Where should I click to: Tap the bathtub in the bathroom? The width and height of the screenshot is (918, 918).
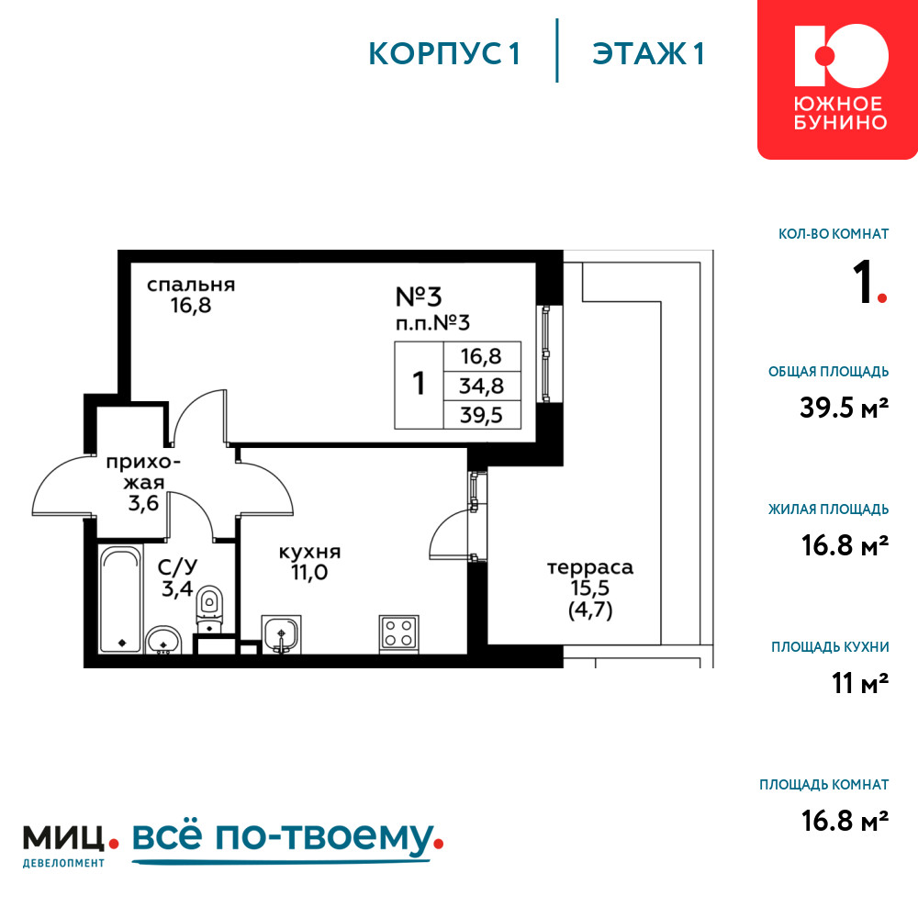pyautogui.click(x=120, y=599)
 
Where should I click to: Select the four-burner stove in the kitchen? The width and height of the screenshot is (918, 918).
pyautogui.click(x=398, y=633)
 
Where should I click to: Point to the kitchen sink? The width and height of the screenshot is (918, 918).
pyautogui.click(x=281, y=634)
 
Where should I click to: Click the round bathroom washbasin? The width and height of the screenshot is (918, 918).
pyautogui.click(x=163, y=640)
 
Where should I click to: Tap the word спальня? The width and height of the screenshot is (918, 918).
pyautogui.click(x=191, y=285)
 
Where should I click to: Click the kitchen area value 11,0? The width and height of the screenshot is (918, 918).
pyautogui.click(x=309, y=572)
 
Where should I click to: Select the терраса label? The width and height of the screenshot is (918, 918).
pyautogui.click(x=590, y=566)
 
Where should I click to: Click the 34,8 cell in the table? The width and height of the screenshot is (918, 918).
pyautogui.click(x=482, y=386)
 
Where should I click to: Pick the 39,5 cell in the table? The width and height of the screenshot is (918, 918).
pyautogui.click(x=482, y=415)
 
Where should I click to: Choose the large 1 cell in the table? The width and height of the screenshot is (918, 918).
pyautogui.click(x=419, y=385)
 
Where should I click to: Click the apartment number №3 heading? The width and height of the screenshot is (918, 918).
pyautogui.click(x=419, y=297)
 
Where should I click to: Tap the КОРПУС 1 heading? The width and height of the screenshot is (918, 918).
pyautogui.click(x=444, y=54)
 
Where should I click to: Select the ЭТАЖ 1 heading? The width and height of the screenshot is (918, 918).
pyautogui.click(x=648, y=54)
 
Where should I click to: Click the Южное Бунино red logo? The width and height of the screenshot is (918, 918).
pyautogui.click(x=837, y=79)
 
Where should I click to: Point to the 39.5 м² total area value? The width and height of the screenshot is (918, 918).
pyautogui.click(x=845, y=408)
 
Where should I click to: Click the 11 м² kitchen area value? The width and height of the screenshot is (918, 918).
pyautogui.click(x=860, y=683)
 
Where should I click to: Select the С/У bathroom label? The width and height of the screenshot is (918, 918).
pyautogui.click(x=177, y=566)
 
